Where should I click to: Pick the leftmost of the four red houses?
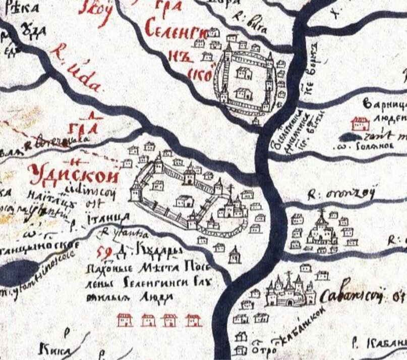click(125, 320)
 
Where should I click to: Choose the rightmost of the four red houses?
click(193, 320)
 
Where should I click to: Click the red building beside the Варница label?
click(360, 123)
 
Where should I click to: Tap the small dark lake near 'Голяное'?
click(351, 137)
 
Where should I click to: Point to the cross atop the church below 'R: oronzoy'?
click(321, 212)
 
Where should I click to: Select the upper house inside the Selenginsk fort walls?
click(245, 73)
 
